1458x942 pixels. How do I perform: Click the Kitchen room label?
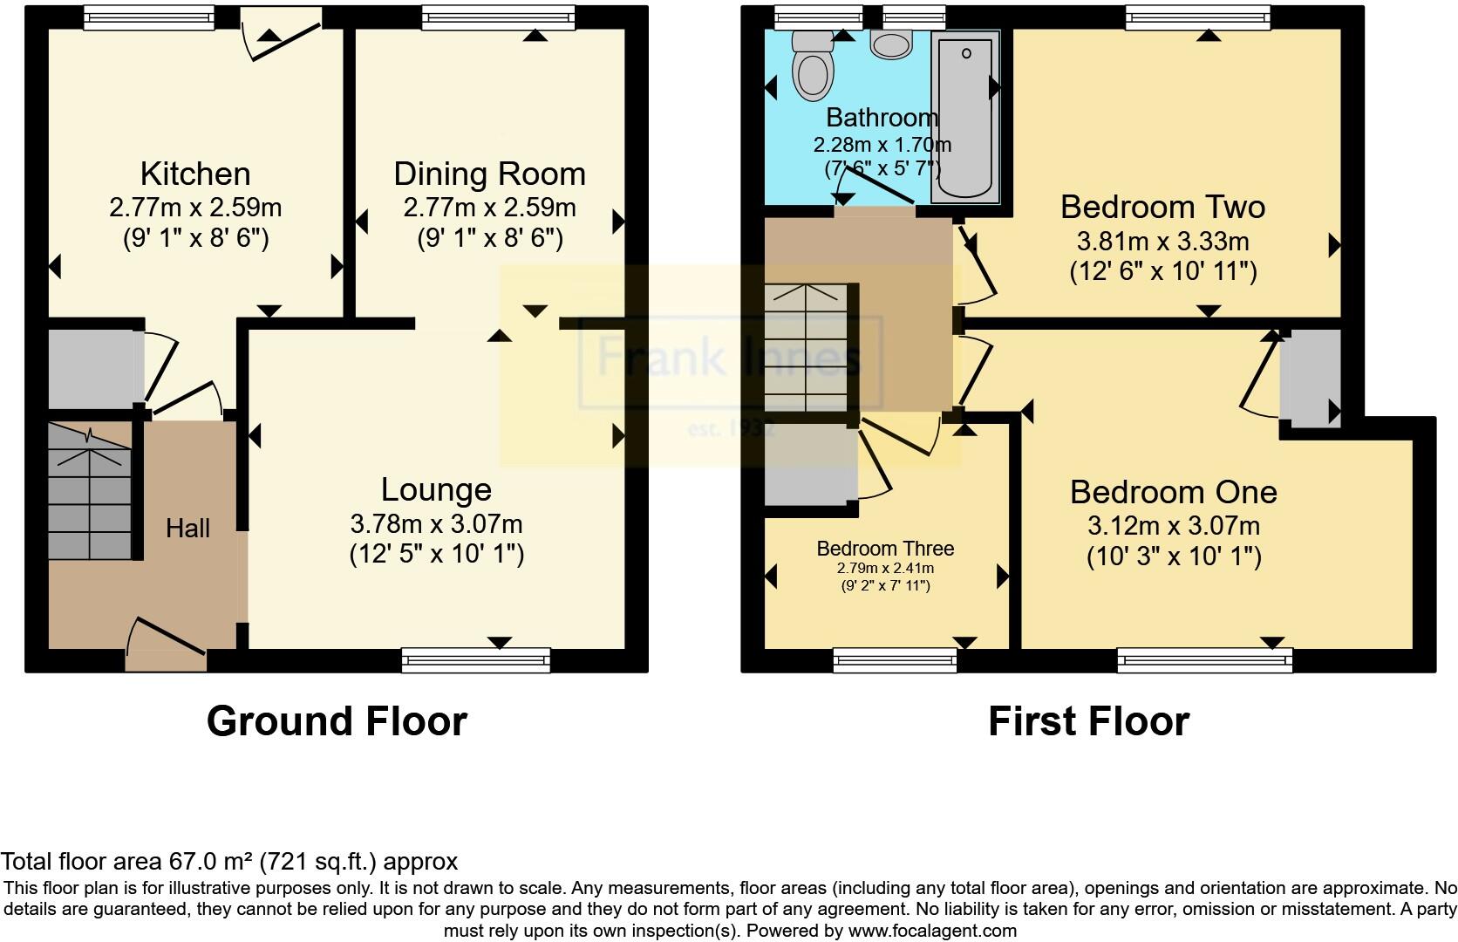(x=195, y=174)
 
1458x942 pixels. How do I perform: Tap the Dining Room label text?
(x=489, y=174)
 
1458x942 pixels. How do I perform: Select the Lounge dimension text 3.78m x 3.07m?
(x=436, y=523)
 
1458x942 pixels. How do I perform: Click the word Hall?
(x=188, y=528)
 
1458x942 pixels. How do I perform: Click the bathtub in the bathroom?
(x=964, y=113)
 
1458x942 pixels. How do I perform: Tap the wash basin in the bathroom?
(x=890, y=44)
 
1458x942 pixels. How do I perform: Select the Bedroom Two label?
(x=1162, y=207)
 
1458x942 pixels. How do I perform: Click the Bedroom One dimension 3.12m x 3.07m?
(x=1173, y=526)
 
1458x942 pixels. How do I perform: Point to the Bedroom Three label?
(x=885, y=549)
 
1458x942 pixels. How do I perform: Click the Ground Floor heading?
(x=337, y=721)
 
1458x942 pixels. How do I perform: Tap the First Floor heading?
(x=1088, y=721)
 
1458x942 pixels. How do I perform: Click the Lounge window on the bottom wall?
(x=476, y=660)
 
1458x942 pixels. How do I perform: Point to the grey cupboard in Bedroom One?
(x=1309, y=379)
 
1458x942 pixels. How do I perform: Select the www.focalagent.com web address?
(x=931, y=931)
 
